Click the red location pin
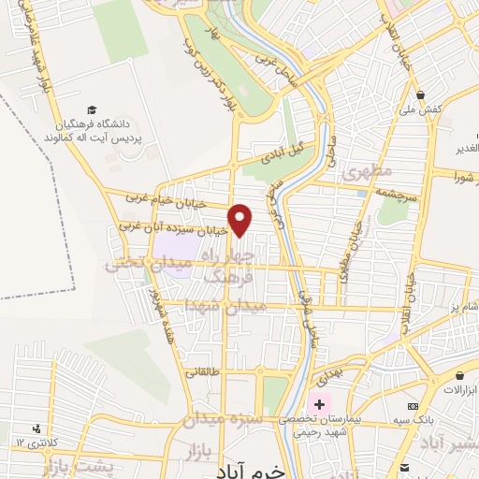pos(241,219)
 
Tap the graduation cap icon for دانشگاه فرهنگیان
pos(92,110)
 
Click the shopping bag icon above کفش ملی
pos(422,95)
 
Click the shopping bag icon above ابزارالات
pos(457,374)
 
